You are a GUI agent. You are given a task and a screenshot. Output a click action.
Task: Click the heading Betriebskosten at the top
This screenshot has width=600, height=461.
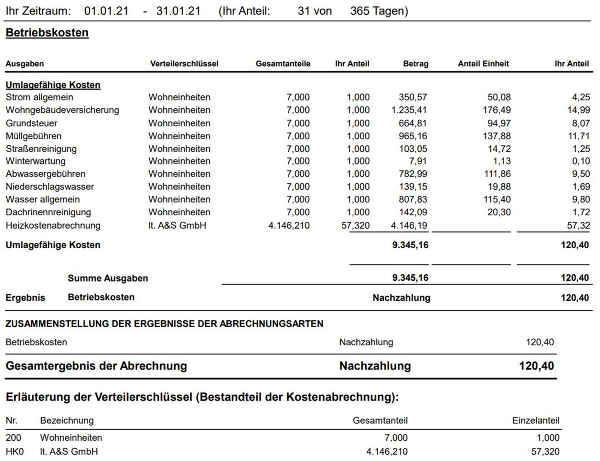click(x=47, y=33)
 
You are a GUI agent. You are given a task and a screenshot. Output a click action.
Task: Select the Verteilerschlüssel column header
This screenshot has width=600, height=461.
click(x=184, y=64)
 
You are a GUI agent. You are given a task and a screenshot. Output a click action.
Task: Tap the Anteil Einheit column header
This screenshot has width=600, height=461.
click(x=483, y=64)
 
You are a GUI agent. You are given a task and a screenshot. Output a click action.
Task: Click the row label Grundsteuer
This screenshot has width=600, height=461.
click(x=31, y=123)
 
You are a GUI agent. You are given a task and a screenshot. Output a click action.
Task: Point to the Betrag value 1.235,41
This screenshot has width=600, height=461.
click(x=409, y=110)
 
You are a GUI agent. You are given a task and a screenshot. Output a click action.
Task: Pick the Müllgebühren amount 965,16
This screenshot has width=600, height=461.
click(x=412, y=136)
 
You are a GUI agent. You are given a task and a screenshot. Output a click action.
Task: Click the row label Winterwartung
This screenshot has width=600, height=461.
click(x=36, y=161)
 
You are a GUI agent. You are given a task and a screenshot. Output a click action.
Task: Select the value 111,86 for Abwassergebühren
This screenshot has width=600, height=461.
click(x=497, y=174)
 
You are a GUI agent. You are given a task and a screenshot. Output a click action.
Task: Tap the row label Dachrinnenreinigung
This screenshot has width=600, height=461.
click(x=48, y=212)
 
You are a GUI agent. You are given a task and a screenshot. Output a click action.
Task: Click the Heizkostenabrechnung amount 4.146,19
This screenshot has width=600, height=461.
click(x=409, y=225)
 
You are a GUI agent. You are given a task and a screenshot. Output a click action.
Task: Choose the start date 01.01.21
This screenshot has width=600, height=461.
click(x=106, y=11)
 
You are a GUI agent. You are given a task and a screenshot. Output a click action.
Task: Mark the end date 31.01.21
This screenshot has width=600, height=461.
click(x=178, y=11)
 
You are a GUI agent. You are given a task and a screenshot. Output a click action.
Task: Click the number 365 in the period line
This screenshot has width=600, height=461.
click(x=360, y=11)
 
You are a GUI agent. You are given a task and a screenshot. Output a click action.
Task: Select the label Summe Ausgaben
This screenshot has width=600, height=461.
click(x=108, y=278)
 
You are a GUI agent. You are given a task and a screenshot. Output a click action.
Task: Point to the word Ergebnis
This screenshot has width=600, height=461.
click(x=25, y=298)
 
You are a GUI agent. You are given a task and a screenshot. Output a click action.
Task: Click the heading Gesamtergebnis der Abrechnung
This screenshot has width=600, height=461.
click(x=96, y=366)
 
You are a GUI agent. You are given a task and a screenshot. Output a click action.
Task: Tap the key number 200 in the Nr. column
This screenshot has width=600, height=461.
click(x=13, y=438)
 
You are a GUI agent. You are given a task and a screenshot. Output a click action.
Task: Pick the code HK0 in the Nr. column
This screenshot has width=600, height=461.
click(x=15, y=452)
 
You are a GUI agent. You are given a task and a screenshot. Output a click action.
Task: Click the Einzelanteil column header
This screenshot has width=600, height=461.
click(x=536, y=421)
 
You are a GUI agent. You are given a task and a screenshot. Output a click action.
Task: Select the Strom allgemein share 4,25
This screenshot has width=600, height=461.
click(x=581, y=97)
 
